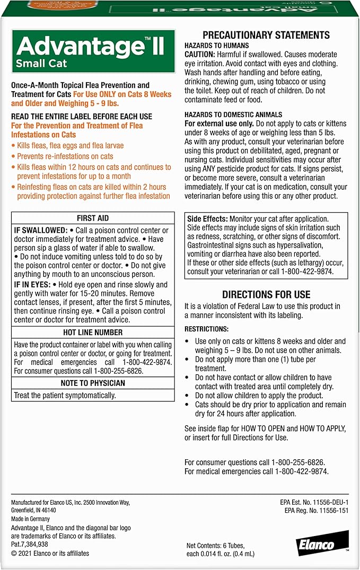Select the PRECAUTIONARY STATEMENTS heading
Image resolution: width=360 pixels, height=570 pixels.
[266, 35]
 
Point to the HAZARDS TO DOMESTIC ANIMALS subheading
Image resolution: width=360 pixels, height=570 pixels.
[233, 115]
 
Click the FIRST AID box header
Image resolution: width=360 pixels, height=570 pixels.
[93, 218]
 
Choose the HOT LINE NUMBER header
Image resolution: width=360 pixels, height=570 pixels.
[93, 332]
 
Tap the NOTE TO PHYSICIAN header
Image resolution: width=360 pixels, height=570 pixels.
[93, 383]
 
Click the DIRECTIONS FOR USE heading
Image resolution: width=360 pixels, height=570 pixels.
[266, 294]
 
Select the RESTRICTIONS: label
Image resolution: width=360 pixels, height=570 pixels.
[207, 329]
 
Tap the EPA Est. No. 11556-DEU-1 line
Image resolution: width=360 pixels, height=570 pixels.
[314, 502]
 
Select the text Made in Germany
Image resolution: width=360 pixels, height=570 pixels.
[31, 519]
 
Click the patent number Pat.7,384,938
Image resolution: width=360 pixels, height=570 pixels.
[30, 545]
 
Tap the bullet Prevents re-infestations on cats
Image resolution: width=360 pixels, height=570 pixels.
[65, 156]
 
